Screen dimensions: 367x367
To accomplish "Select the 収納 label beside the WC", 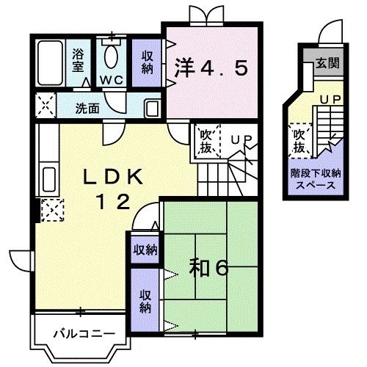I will [x=147, y=61].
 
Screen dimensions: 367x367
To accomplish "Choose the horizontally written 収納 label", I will [x=145, y=250].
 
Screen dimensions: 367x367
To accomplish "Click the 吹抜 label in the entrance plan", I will [x=299, y=142].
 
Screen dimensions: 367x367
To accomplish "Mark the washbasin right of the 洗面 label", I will [x=151, y=107].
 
